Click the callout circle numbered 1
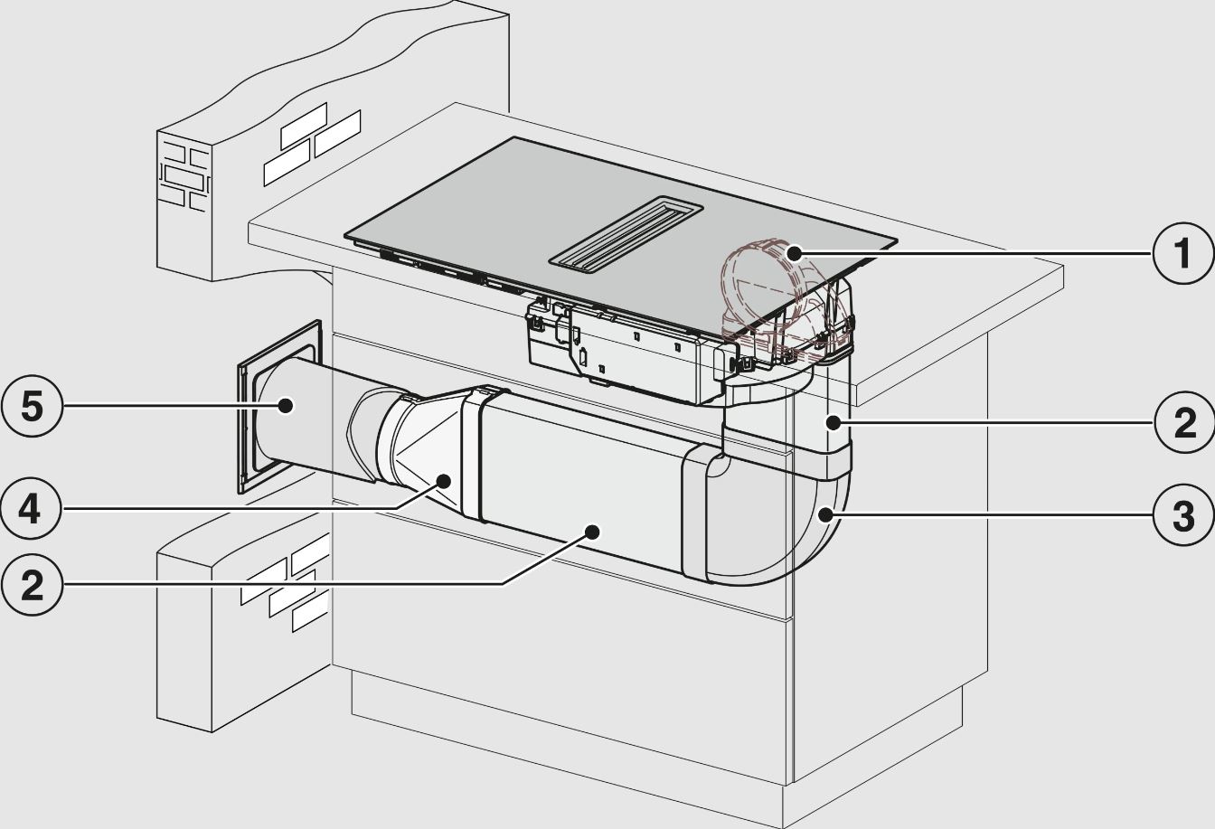coord(1183,253)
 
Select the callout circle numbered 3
coord(1183,515)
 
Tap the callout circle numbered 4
coord(32,508)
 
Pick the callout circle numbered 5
coord(32,405)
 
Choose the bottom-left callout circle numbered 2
coord(32,584)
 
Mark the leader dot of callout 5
coord(284,405)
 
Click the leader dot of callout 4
coord(444,481)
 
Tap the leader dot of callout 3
coord(825,513)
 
